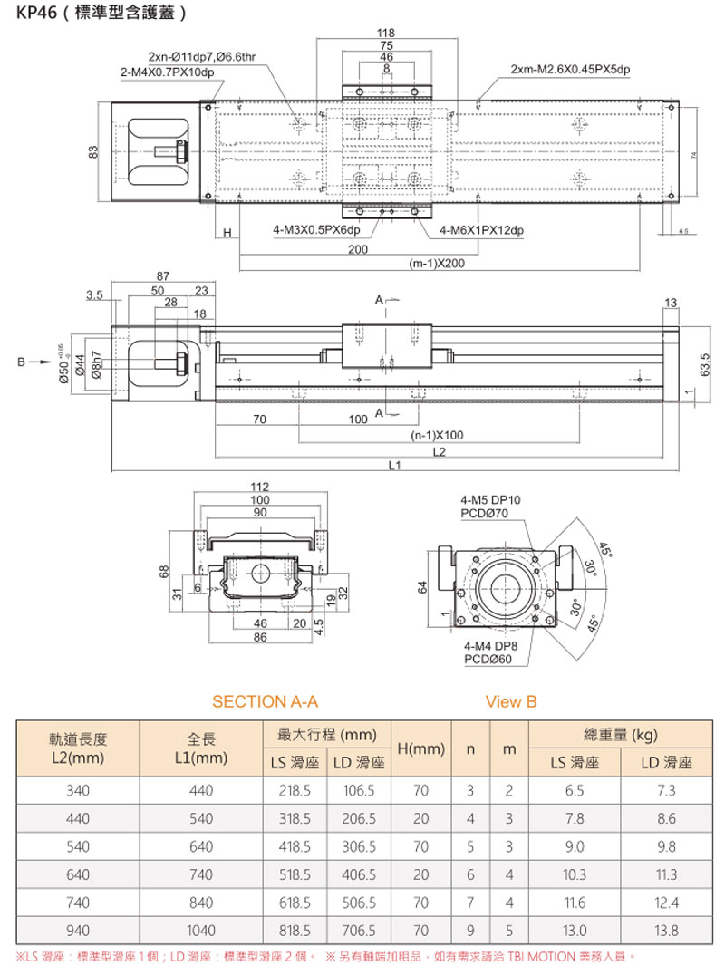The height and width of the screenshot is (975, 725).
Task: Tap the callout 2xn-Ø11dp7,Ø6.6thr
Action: (x=202, y=57)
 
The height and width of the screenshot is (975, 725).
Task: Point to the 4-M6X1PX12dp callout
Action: (x=481, y=230)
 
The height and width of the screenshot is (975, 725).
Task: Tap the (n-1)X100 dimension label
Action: (x=437, y=435)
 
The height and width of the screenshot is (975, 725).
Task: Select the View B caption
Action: (x=511, y=701)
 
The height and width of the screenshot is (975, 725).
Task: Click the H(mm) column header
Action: (x=420, y=749)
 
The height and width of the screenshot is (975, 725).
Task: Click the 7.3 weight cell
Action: (x=666, y=791)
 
